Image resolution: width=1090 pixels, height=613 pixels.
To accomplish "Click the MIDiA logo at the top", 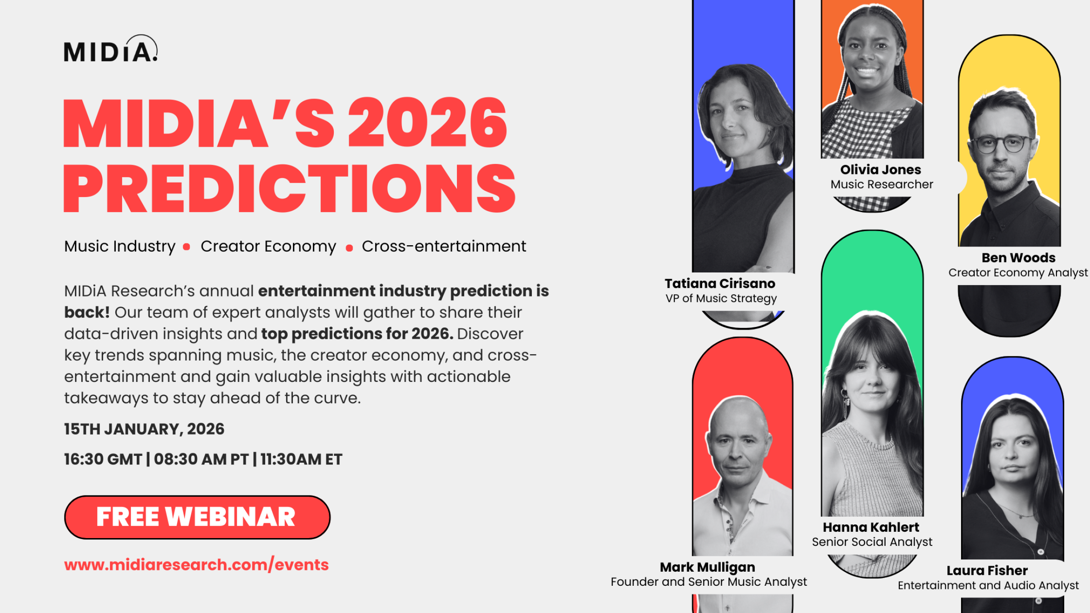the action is coord(111,48).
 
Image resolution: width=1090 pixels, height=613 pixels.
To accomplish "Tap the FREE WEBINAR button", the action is coord(197,517).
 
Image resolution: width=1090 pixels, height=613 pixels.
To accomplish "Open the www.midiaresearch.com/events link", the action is coord(196,564).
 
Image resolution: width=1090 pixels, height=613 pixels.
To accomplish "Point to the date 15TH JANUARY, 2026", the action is coord(144,429).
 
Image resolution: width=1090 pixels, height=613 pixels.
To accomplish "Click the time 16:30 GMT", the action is coord(103,459).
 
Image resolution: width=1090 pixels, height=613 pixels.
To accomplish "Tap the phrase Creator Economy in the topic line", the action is coord(268,246).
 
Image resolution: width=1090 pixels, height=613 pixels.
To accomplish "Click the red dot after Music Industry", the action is coord(186,247).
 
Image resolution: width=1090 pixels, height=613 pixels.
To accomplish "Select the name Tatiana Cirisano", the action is coord(720,283).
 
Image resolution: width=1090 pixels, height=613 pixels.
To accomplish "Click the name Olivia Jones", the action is coord(881,169).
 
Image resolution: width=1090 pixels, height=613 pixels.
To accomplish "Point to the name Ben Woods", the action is coord(1019,257).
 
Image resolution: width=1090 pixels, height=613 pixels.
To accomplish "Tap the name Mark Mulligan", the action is coord(708,567).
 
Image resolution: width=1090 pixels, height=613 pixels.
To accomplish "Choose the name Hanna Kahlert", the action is coord(871,527).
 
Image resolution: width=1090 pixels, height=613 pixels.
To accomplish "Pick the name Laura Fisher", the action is coord(987,570).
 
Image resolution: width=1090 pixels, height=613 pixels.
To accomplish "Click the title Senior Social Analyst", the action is coord(872,542).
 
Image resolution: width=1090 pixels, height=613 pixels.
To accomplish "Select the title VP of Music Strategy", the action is coord(721,298).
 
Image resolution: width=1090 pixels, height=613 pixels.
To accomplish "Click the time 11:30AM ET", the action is coord(302,459).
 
